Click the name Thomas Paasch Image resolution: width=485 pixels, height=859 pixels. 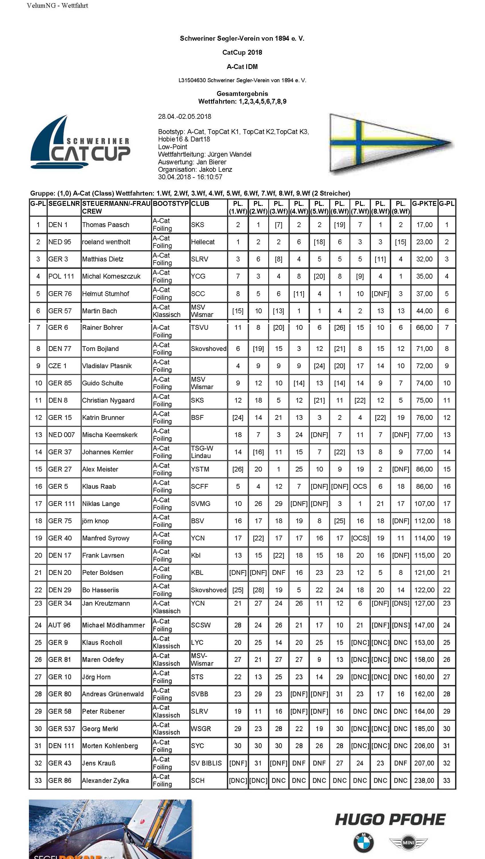tap(106, 225)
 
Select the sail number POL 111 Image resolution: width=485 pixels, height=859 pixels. tap(61, 276)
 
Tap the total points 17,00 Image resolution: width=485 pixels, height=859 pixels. tap(424, 225)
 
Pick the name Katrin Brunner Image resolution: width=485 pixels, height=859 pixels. tap(103, 417)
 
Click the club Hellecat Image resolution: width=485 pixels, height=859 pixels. tap(203, 242)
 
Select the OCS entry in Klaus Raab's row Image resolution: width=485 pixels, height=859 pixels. tap(360, 486)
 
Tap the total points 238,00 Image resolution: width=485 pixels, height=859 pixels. tap(424, 781)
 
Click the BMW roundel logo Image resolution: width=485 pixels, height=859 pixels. tap(363, 842)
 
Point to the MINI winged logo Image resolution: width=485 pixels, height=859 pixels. tap(408, 843)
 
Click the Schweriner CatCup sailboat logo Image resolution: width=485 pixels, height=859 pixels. tap(80, 143)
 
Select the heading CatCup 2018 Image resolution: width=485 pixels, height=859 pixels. tap(242, 52)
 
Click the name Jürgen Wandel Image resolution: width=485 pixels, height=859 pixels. tap(230, 154)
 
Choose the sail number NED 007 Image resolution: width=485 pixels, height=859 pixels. tap(61, 435)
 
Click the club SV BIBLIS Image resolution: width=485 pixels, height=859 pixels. tap(206, 763)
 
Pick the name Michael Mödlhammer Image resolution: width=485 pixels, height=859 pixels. tap(114, 625)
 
